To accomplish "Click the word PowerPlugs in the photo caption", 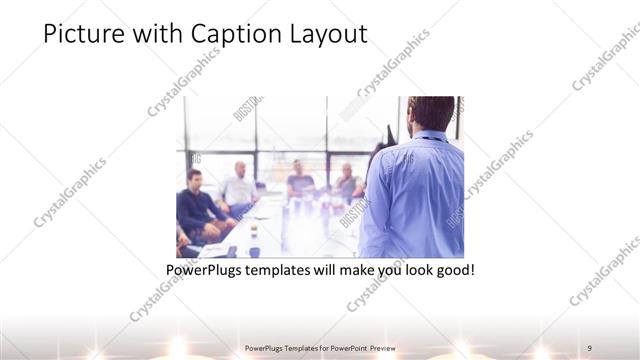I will click(x=208, y=271).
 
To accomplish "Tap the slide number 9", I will click(x=590, y=347).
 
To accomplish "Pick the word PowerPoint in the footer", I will click(x=344, y=347).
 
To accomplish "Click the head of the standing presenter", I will click(x=432, y=112).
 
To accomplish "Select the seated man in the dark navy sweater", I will click(x=197, y=205).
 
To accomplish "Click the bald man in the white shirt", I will click(x=240, y=187).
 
